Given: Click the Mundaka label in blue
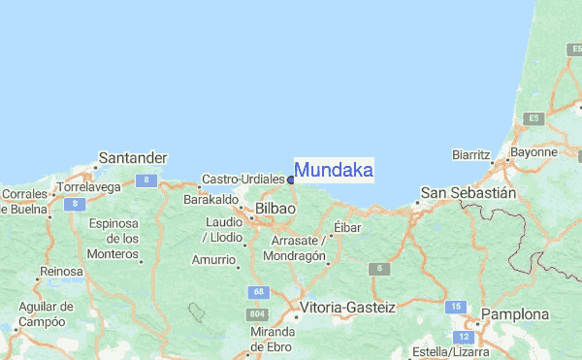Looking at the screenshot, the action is [x=334, y=171].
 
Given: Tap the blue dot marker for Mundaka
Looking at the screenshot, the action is [x=291, y=180].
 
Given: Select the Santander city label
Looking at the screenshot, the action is [x=134, y=157].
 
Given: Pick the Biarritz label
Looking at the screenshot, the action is [x=473, y=154].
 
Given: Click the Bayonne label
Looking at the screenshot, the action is [x=533, y=152].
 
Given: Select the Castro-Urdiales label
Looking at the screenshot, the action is [x=242, y=180].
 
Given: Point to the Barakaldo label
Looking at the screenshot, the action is [x=211, y=199].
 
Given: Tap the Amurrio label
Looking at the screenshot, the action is [x=213, y=259].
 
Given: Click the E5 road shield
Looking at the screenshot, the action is [x=533, y=117].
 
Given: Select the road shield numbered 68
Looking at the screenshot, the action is [x=257, y=291].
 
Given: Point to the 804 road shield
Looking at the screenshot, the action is [x=257, y=314].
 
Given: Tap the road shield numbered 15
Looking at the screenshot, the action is [x=456, y=307].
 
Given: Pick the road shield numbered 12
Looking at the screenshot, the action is [x=465, y=337].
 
